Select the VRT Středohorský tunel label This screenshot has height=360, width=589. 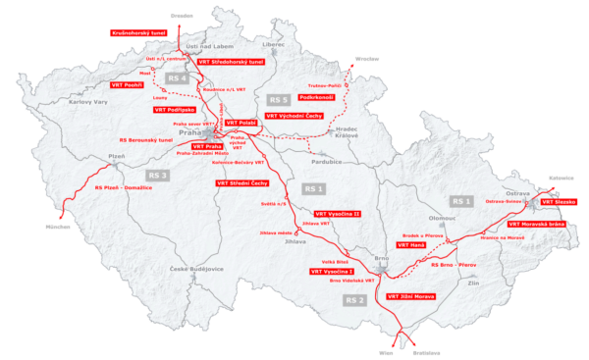coord(232,62)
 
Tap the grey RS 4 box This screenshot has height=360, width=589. coord(178,77)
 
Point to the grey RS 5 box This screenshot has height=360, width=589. coord(279,100)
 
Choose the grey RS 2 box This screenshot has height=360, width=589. coord(355,299)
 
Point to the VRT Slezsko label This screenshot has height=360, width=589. coord(558,202)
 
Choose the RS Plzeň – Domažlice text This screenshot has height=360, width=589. coord(125,187)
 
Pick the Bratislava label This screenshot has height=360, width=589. coord(425,352)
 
